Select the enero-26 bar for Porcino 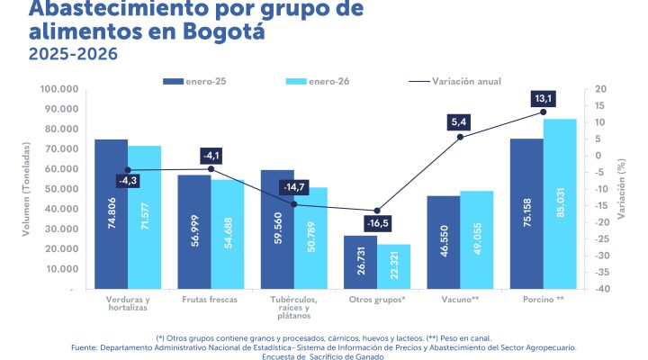tap(560, 204)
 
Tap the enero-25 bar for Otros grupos tap(360, 263)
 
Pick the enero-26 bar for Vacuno tap(477, 240)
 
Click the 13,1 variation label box tap(543, 98)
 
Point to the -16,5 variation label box tap(378, 223)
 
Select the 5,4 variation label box tap(460, 121)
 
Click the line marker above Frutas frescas tap(211, 168)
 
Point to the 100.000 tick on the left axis tap(59, 89)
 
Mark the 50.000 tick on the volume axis tap(63, 189)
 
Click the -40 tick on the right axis tap(601, 289)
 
